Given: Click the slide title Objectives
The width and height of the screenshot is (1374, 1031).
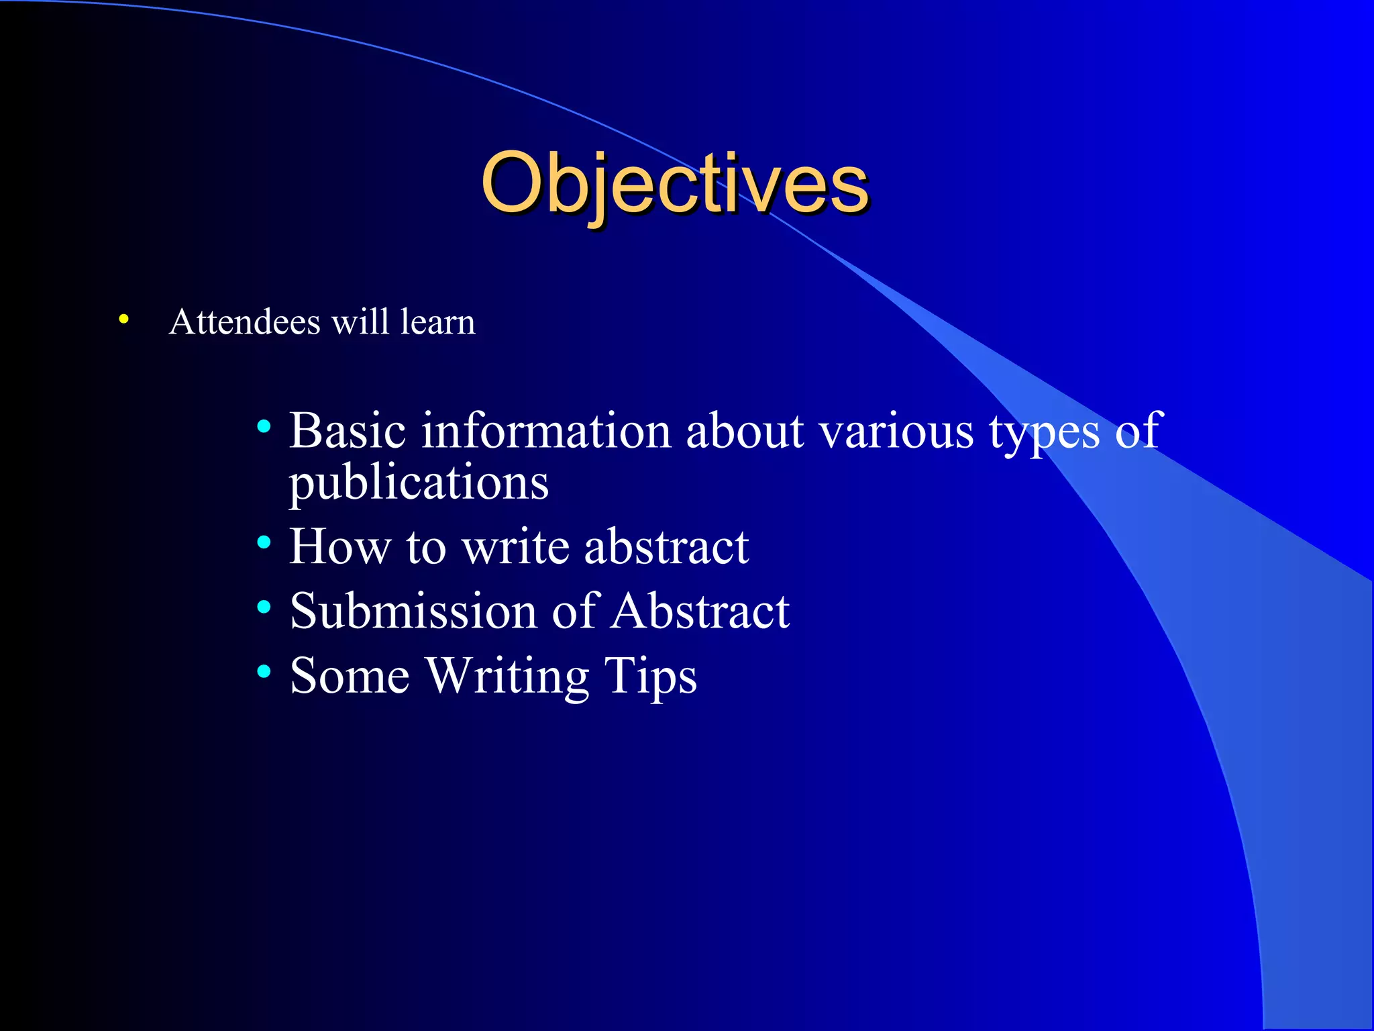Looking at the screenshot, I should click(x=674, y=183).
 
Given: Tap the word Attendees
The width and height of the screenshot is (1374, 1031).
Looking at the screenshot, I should click(x=245, y=322).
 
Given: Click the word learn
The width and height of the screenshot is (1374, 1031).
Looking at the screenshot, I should click(x=437, y=322).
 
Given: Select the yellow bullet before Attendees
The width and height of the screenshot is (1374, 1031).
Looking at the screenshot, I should click(x=123, y=320).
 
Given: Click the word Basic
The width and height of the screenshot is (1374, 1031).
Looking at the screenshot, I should click(x=348, y=430).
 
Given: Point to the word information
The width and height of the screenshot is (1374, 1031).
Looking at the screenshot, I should click(x=545, y=430).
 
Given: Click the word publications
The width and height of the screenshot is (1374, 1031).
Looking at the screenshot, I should click(x=419, y=483).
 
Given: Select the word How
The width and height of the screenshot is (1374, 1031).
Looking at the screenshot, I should click(x=339, y=546).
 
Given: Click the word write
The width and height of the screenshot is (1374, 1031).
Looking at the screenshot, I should click(x=515, y=546).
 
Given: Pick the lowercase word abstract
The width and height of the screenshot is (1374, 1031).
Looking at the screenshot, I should click(x=666, y=546).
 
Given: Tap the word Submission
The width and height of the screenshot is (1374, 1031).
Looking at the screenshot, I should click(x=413, y=611).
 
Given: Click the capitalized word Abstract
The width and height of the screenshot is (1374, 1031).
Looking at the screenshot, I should click(x=700, y=611).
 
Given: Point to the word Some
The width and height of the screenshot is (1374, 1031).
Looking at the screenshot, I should click(x=350, y=675).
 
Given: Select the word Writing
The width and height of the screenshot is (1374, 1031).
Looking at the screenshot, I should click(x=508, y=677).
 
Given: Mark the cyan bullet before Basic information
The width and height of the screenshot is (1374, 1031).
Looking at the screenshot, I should click(x=264, y=426).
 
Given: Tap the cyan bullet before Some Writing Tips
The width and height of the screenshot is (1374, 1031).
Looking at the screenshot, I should click(x=264, y=671).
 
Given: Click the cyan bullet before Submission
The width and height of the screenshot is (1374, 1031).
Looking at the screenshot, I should click(x=264, y=607).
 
